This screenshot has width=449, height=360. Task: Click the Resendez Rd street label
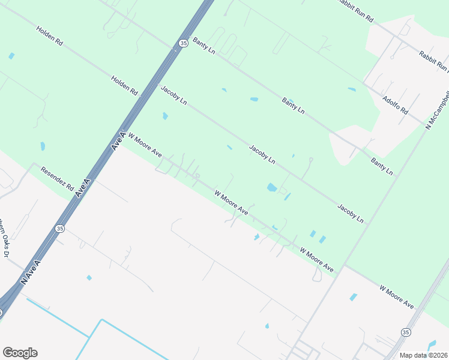point(56,179)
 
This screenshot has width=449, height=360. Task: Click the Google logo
point(20,353)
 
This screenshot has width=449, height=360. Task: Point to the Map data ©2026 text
point(424,355)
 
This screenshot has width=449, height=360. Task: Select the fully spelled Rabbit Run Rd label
point(354,11)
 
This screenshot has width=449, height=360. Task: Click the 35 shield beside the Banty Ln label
point(182,43)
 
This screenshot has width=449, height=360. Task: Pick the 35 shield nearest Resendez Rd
point(59,229)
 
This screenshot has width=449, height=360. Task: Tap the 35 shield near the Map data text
point(406,332)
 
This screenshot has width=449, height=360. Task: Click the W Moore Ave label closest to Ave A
point(145,145)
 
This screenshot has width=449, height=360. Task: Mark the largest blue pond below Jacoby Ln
point(272,187)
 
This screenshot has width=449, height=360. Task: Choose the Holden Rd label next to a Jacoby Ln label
point(124,86)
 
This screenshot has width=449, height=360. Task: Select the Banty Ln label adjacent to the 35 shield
point(204,46)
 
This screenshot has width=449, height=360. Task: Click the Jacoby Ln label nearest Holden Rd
point(174,95)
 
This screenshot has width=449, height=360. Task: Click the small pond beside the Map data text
point(431,345)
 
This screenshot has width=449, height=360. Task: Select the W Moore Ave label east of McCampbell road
point(397,297)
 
